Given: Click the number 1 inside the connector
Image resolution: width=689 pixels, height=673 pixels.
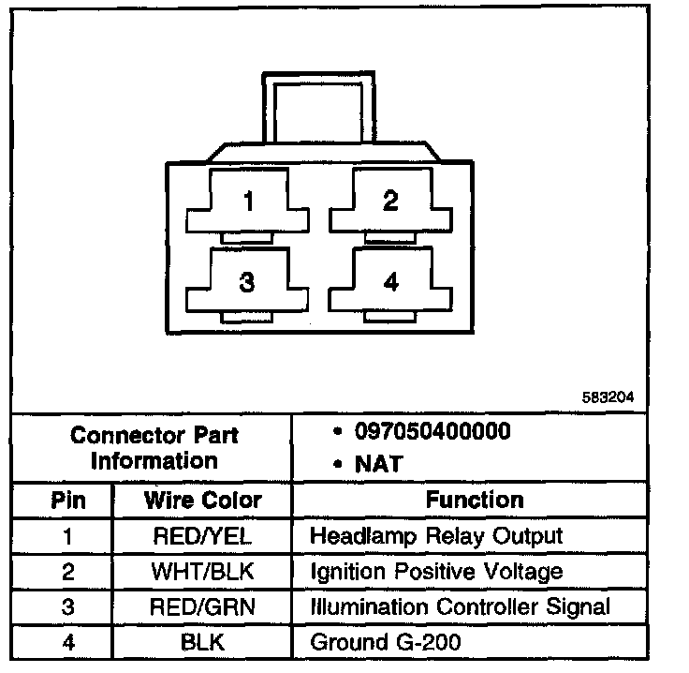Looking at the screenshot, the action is [x=248, y=201].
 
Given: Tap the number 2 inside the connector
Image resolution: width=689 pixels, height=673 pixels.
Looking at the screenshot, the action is [x=390, y=201].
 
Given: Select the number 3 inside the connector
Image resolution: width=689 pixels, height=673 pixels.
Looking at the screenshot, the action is [x=247, y=282].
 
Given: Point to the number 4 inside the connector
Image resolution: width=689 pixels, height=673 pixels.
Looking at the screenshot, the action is [x=390, y=281].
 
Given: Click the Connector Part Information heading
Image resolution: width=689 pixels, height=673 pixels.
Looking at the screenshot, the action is [x=154, y=448].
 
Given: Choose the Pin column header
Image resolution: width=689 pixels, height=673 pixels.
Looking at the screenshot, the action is [x=67, y=500].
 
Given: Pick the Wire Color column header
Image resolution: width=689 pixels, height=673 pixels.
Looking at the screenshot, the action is [x=202, y=500].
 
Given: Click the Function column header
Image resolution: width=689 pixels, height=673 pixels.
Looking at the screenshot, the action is [x=475, y=500].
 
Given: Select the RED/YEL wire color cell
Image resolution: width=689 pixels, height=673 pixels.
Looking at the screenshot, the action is [x=202, y=536].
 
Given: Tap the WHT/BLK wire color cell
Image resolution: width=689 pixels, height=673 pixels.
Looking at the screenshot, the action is [x=202, y=571].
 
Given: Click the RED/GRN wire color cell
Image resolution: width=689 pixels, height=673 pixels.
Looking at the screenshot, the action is [x=202, y=606].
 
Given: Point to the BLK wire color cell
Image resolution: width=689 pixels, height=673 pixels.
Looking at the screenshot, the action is [x=202, y=642].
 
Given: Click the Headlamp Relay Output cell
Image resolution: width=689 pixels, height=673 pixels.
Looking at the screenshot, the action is [x=436, y=536].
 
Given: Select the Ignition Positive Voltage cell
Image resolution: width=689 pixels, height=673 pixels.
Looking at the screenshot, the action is [x=436, y=571].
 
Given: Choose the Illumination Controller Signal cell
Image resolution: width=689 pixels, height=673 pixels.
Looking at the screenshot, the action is [x=460, y=606].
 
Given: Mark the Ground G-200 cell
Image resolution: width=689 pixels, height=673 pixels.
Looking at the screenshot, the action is [x=386, y=642].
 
